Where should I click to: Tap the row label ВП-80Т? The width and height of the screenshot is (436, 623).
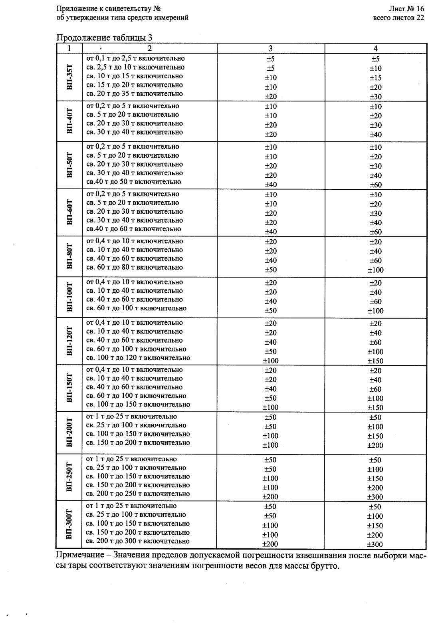point(69,256)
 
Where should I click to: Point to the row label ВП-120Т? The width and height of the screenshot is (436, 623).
point(69,341)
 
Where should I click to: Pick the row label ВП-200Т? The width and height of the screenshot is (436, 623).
point(69,432)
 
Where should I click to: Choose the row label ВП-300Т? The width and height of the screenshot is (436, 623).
point(69,524)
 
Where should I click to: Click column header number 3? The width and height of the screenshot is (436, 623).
point(271,48)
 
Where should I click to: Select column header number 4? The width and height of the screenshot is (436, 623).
point(375,48)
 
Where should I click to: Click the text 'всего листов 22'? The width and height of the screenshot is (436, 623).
point(398,18)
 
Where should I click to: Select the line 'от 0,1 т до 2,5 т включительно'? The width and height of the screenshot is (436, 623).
point(136,58)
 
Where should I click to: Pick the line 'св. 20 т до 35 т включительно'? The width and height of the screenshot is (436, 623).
point(135,93)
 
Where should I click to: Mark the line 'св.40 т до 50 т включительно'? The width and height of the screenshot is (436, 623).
point(134,182)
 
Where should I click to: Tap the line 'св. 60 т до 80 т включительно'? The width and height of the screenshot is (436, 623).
point(135,267)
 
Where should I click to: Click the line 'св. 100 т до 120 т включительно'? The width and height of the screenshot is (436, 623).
point(138,358)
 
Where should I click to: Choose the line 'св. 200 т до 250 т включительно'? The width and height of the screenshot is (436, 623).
point(138,494)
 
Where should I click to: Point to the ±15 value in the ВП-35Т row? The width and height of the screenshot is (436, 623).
point(375,77)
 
